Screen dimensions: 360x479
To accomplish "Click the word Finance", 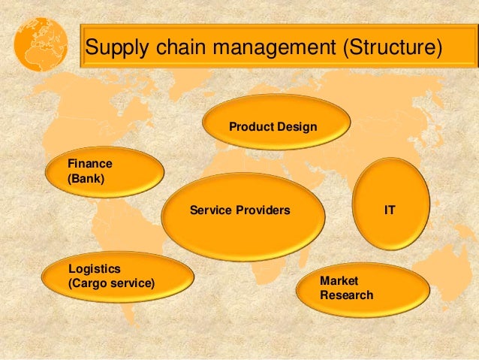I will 90,163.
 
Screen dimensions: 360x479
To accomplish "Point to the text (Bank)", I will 86,180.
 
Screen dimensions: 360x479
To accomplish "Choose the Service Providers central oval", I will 243,214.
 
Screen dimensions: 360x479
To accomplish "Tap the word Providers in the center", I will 264,210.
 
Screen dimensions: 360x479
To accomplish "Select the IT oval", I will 390,203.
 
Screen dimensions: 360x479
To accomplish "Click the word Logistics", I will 94,268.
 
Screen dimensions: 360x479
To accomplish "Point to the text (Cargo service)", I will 111,283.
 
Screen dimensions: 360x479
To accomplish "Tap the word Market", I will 338,281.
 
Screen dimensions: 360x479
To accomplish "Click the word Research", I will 346,295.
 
